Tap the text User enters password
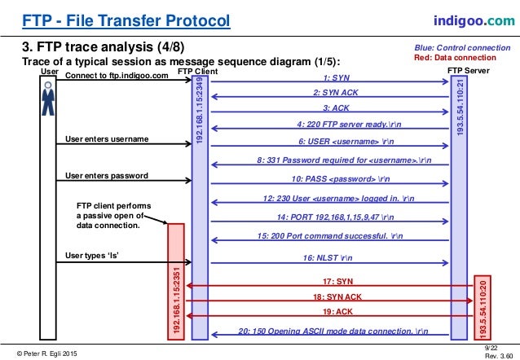click(106, 176)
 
